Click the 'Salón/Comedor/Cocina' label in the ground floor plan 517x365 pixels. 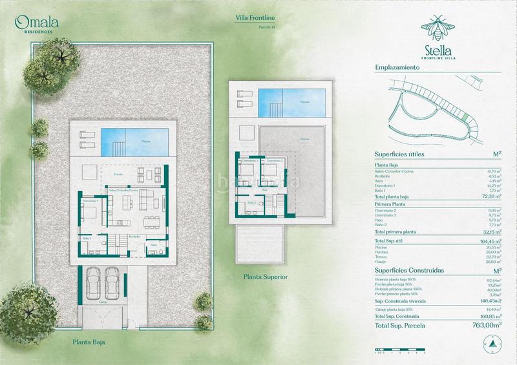(x=123, y=191)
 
